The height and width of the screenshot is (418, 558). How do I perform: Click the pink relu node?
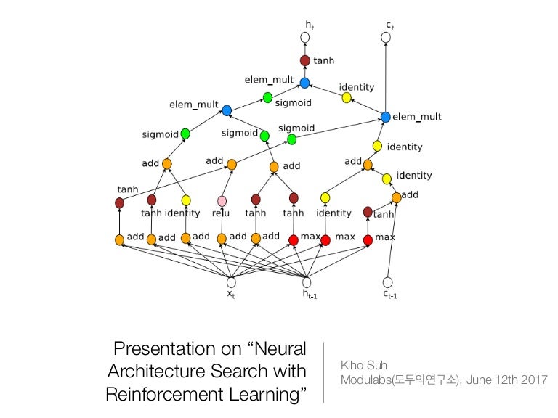pos(222,201)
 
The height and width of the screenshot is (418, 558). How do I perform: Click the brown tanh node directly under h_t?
pos(305,61)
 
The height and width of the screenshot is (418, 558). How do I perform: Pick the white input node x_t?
pos(231,282)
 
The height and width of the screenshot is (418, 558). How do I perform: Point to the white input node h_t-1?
pos(306,282)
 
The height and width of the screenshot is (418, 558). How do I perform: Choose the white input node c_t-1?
pos(387,282)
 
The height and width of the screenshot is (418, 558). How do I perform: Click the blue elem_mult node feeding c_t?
pos(386,117)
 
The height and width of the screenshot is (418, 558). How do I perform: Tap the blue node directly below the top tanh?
pos(304,83)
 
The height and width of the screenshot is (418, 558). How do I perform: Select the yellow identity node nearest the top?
pos(347,97)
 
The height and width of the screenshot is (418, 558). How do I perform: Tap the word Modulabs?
pos(365,380)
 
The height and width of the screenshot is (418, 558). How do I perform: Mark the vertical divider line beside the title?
pos(324,372)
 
